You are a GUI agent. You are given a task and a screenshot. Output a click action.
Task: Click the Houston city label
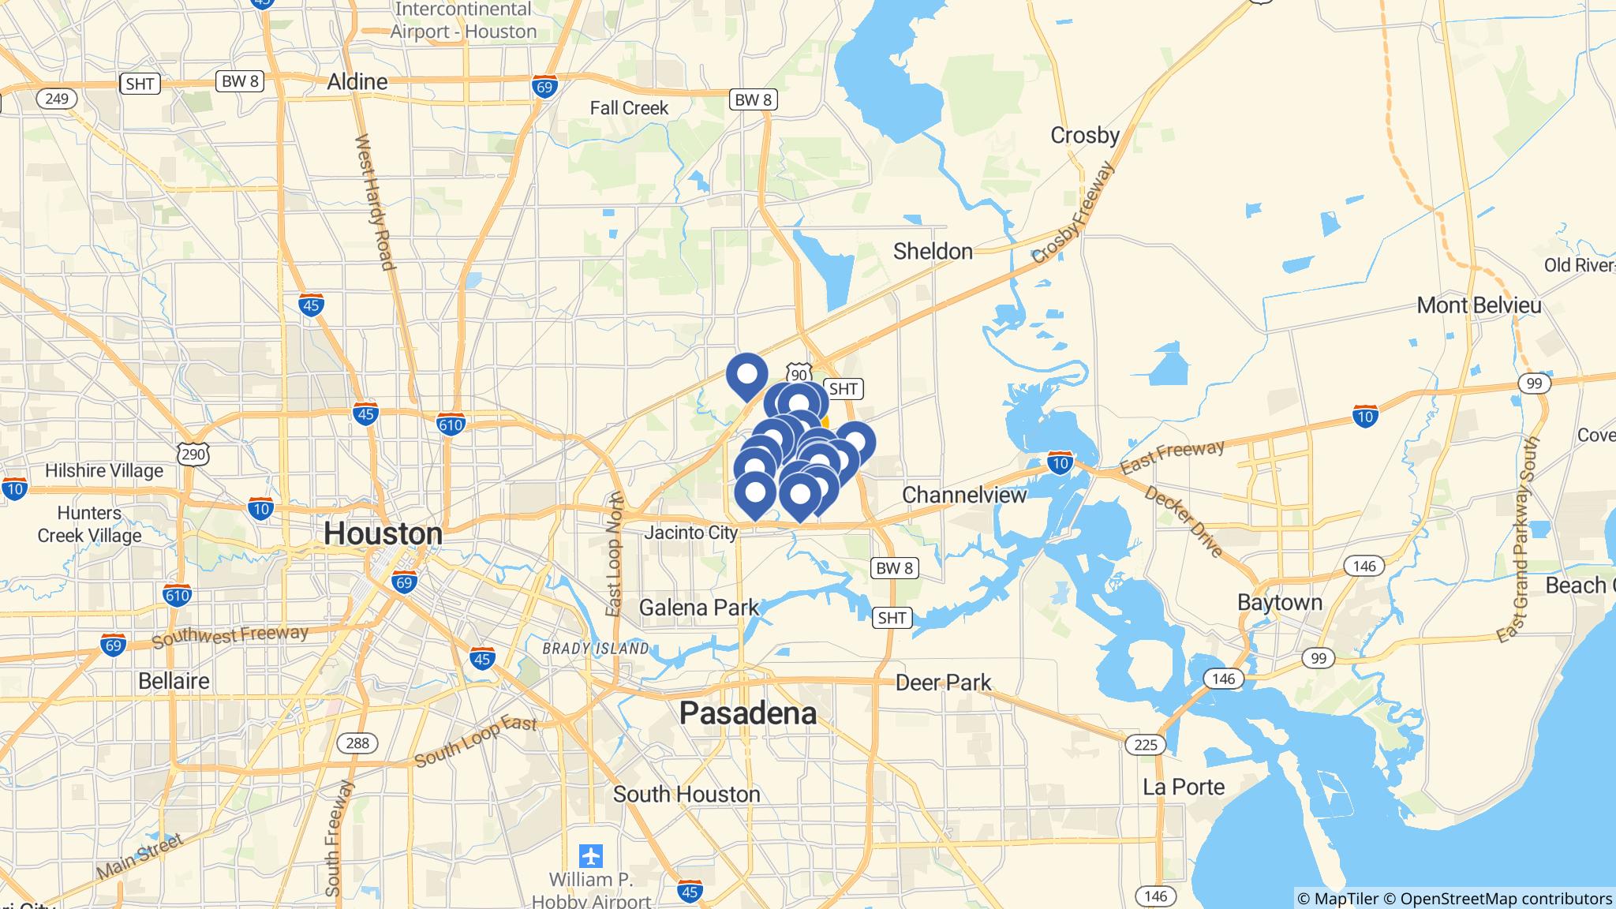pyautogui.click(x=383, y=534)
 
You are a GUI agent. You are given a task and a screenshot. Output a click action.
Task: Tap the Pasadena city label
pyautogui.click(x=747, y=713)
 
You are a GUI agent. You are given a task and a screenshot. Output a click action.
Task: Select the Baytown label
pyautogui.click(x=1279, y=603)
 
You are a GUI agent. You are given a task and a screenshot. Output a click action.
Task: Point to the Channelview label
pyautogui.click(x=963, y=495)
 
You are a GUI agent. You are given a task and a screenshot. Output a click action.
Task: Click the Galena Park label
pyautogui.click(x=698, y=608)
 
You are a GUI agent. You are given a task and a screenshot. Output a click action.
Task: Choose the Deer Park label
pyautogui.click(x=943, y=682)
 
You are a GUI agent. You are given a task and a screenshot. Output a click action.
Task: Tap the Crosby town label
pyautogui.click(x=1084, y=136)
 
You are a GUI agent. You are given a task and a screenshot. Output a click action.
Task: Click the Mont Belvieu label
pyautogui.click(x=1478, y=305)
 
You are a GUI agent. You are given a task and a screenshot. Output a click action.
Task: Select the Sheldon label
pyautogui.click(x=933, y=252)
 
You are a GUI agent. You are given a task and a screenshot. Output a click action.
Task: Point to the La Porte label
pyautogui.click(x=1184, y=787)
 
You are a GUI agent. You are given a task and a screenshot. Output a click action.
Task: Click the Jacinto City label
pyautogui.click(x=690, y=533)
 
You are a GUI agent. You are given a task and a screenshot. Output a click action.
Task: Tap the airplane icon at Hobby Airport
pyautogui.click(x=590, y=855)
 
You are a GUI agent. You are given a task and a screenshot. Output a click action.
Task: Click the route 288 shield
pyautogui.click(x=357, y=743)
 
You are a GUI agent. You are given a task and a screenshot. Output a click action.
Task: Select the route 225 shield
pyautogui.click(x=1145, y=744)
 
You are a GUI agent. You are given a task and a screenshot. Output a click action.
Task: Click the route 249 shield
pyautogui.click(x=57, y=99)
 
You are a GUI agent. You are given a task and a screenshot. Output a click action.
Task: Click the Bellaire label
pyautogui.click(x=174, y=681)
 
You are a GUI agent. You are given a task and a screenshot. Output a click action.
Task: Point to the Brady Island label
pyautogui.click(x=596, y=649)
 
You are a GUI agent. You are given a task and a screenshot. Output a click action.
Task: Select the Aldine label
pyautogui.click(x=357, y=82)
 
